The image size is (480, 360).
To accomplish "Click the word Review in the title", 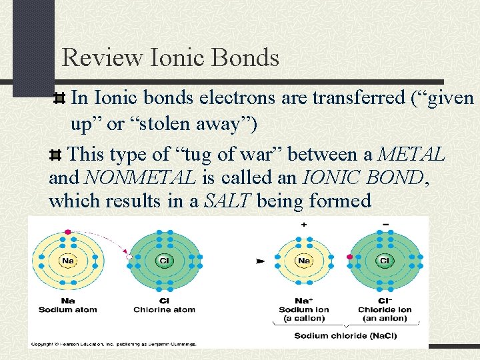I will [x=101, y=58].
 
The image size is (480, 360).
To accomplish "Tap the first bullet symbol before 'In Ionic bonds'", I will [x=59, y=99].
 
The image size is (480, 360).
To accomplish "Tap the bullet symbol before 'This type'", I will [x=57, y=155].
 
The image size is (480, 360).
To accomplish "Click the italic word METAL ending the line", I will [x=411, y=155].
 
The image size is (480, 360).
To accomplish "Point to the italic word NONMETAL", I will [x=140, y=177].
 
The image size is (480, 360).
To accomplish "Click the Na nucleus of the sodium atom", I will [x=68, y=261].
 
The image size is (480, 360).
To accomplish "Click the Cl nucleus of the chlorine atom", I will [x=163, y=261].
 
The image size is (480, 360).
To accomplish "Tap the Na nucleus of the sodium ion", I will [x=304, y=261].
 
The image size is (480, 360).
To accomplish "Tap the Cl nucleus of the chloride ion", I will [x=384, y=261].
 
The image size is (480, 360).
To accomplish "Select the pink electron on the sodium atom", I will [x=67, y=231].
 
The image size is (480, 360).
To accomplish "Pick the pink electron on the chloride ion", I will [x=350, y=257].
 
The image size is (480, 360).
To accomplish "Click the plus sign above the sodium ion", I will [x=304, y=225].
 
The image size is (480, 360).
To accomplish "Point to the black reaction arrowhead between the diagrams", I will [x=260, y=261].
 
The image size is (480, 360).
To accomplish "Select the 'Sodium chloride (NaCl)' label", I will [x=345, y=335].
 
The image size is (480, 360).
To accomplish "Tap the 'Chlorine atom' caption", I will [x=164, y=309].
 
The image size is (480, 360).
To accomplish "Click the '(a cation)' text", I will [x=303, y=318].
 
